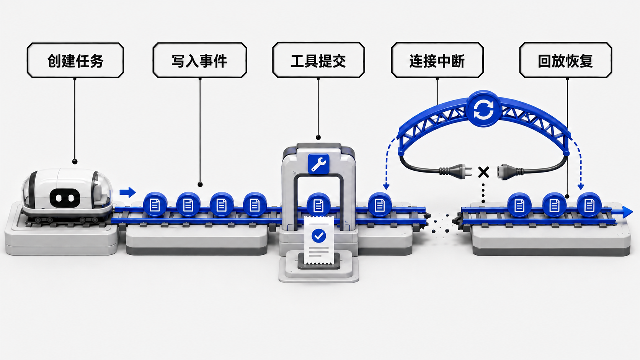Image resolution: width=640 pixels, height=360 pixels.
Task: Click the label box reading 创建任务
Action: point(75,60)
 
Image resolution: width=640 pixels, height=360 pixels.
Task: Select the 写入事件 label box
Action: point(200,60)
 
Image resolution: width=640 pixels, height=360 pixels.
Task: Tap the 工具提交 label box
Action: point(318,60)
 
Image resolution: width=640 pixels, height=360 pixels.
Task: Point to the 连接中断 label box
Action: point(437,60)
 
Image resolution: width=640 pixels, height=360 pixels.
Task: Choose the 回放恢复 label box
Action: point(565,60)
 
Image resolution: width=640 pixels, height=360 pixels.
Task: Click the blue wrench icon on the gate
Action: point(318,164)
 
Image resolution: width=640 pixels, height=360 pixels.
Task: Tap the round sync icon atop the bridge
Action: point(483,109)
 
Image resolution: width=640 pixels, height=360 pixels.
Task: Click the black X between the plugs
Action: point(483,172)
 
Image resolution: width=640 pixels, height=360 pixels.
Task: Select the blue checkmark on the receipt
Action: point(318,236)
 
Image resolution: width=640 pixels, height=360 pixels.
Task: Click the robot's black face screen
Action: point(65,198)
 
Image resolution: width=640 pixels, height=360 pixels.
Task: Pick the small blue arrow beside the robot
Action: point(127,192)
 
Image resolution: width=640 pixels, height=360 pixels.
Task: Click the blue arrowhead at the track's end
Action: point(627,212)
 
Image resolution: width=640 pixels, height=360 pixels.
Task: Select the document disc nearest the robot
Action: point(155,205)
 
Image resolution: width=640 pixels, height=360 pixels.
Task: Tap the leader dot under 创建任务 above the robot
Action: point(75,162)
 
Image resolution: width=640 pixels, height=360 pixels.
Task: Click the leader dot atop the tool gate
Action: point(318,138)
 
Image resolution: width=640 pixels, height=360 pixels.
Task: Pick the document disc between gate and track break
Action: point(380,205)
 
